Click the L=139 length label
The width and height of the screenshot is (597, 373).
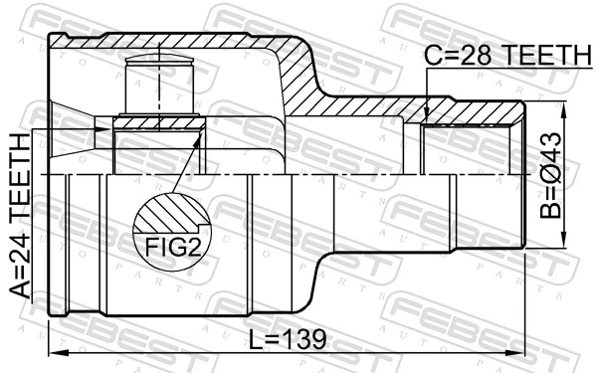[x=288, y=339]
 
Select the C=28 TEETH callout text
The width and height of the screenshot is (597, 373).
[x=505, y=58]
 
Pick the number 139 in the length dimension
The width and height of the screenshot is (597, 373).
[x=304, y=339]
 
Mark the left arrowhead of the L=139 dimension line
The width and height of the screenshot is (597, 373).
[x=56, y=354]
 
